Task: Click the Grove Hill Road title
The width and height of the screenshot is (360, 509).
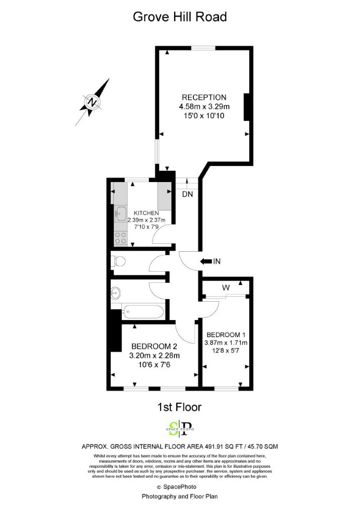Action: coord(179,17)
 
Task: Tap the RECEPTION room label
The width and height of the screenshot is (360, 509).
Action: coord(204,97)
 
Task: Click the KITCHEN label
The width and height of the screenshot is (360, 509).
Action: coord(147,213)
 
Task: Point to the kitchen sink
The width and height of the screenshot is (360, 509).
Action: coord(121,213)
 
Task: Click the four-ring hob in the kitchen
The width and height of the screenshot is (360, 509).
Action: coord(121,238)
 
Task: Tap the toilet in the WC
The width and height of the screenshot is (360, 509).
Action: coord(118,261)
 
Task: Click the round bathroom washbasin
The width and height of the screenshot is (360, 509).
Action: coord(116,294)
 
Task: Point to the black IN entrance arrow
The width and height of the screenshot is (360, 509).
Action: coord(206,261)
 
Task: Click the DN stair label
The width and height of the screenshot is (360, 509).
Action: coord(188,194)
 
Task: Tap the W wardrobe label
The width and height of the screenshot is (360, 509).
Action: coord(226,288)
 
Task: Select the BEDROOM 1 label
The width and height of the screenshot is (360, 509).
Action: coord(226,335)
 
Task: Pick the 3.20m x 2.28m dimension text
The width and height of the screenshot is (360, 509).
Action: coord(155,355)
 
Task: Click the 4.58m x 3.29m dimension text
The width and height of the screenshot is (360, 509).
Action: coord(204,106)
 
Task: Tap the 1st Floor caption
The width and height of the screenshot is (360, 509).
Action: coord(179,407)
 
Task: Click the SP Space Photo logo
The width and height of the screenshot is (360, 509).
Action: coord(179,428)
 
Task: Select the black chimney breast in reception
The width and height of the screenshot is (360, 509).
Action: coord(247,107)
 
